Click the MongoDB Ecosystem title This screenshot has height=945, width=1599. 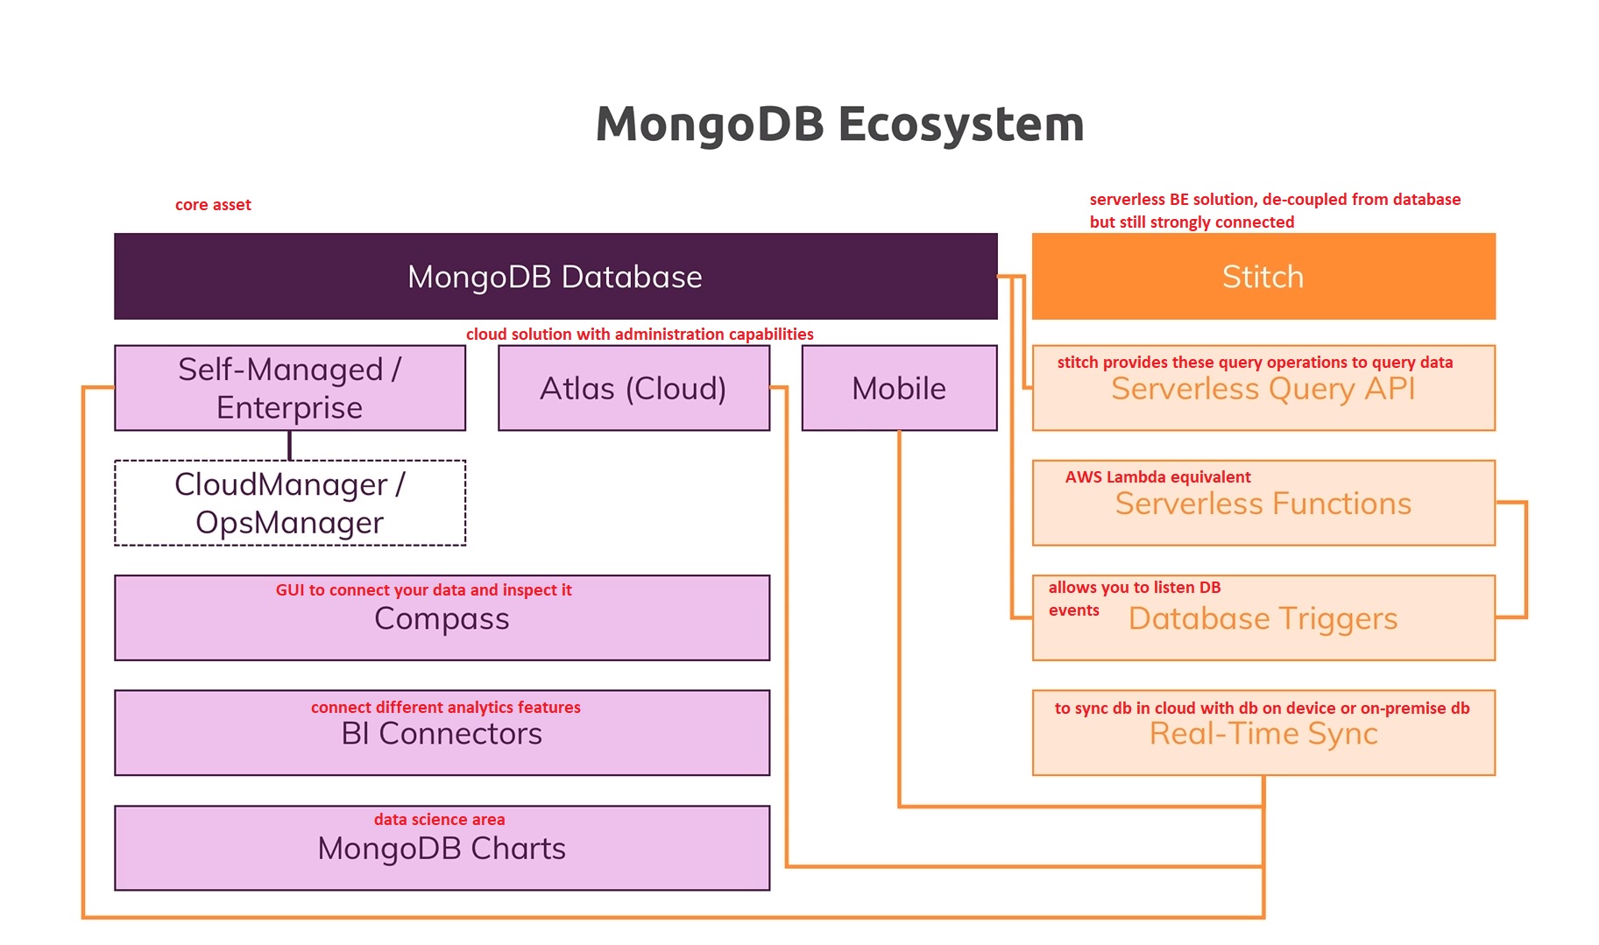(x=839, y=124)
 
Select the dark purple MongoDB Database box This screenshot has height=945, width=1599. (x=555, y=276)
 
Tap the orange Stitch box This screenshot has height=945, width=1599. (x=1263, y=276)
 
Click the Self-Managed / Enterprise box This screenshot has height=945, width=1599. (x=290, y=388)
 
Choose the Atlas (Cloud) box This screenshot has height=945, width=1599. (x=633, y=388)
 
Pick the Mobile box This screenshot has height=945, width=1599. (x=899, y=388)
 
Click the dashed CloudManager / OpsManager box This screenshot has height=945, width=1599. (x=290, y=503)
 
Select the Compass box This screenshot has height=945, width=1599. (x=442, y=617)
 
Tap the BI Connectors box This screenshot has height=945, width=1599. (x=442, y=732)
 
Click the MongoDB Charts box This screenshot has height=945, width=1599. (x=442, y=848)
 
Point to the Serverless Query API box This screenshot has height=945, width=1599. (x=1263, y=388)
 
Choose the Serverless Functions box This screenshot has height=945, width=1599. (x=1263, y=503)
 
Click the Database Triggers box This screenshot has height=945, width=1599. (x=1263, y=617)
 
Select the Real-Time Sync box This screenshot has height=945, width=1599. (x=1263, y=732)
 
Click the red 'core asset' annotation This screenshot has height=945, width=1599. (x=213, y=205)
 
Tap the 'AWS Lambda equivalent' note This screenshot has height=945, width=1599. (x=1157, y=477)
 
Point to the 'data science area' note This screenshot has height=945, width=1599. (x=439, y=820)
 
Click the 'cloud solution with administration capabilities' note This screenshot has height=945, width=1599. (x=640, y=334)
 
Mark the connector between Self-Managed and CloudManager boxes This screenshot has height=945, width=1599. (x=290, y=446)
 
